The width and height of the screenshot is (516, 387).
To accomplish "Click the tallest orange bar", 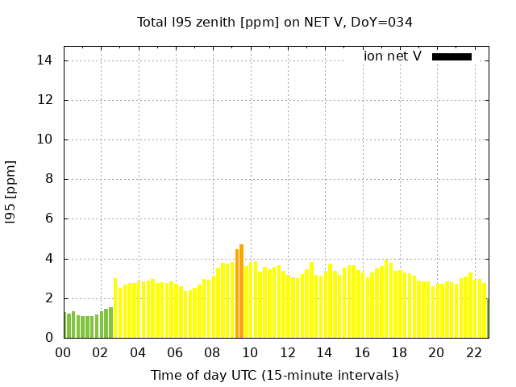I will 241,291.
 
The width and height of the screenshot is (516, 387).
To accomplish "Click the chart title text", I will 275,23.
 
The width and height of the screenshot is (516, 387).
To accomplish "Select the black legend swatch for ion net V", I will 451,56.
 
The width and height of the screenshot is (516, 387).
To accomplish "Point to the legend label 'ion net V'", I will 393,56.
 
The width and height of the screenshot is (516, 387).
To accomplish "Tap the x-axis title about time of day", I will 275,376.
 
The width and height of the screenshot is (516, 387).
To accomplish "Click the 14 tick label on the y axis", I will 45,60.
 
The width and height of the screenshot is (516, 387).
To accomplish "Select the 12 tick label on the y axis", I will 45,100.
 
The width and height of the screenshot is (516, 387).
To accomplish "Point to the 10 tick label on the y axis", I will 45,139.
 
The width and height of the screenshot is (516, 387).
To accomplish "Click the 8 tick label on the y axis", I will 48,179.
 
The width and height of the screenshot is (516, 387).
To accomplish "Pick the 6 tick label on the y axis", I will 48,218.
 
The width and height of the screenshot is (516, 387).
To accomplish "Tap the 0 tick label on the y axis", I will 48,338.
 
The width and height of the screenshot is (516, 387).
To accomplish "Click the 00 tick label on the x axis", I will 64,353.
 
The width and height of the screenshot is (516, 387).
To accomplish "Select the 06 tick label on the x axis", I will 175,353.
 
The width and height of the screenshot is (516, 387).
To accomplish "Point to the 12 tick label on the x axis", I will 287,353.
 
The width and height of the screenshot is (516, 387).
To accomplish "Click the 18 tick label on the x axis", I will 398,353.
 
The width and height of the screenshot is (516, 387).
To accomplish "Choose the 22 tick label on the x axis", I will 473,353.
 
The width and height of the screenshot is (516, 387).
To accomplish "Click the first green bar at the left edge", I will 65,325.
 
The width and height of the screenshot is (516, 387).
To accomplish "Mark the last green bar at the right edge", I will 487,318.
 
